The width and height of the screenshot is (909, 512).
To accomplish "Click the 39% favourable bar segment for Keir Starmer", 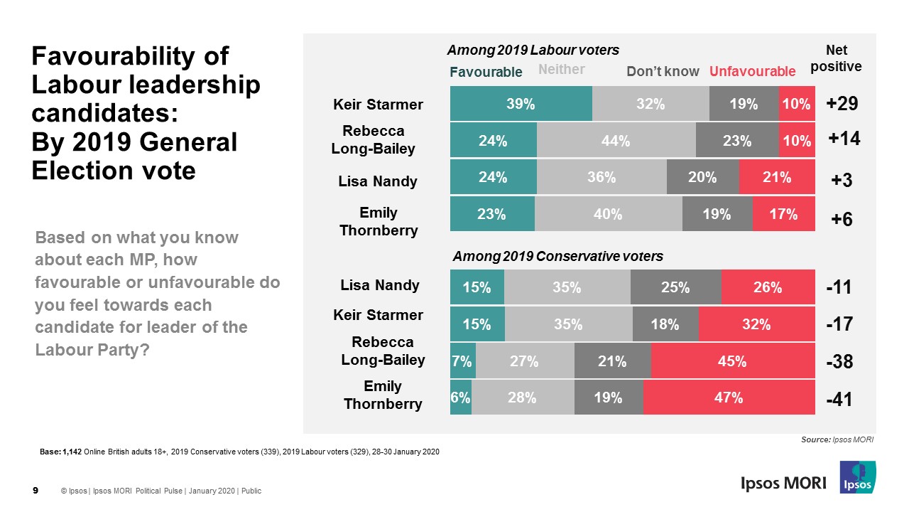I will point(521,104).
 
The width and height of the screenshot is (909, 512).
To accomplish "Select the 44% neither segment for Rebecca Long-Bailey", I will point(616,141).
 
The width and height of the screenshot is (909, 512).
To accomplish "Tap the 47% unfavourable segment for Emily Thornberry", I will point(729,398).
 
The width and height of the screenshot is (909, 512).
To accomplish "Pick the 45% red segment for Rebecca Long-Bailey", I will point(732,361).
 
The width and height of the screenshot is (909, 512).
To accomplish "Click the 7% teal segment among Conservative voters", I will point(462,361).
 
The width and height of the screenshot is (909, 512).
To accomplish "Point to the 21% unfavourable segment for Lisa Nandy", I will point(777,178).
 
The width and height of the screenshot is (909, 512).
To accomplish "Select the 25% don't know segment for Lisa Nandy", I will point(675,287).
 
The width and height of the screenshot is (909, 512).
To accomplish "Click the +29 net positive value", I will point(843,104).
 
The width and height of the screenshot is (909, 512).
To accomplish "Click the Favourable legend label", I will point(486,72).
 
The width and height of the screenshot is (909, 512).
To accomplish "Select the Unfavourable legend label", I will point(752,71).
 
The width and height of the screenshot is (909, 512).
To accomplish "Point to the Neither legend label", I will point(561,69).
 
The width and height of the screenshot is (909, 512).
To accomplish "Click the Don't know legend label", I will point(663,71).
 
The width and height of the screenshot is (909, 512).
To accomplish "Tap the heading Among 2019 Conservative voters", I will point(558,256).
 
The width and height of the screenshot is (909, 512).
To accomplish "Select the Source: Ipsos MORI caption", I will point(837,440).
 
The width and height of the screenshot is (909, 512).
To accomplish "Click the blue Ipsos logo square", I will point(857,477).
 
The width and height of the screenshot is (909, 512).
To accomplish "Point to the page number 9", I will point(36,491).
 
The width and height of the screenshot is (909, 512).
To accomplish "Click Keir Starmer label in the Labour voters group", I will point(378,105).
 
